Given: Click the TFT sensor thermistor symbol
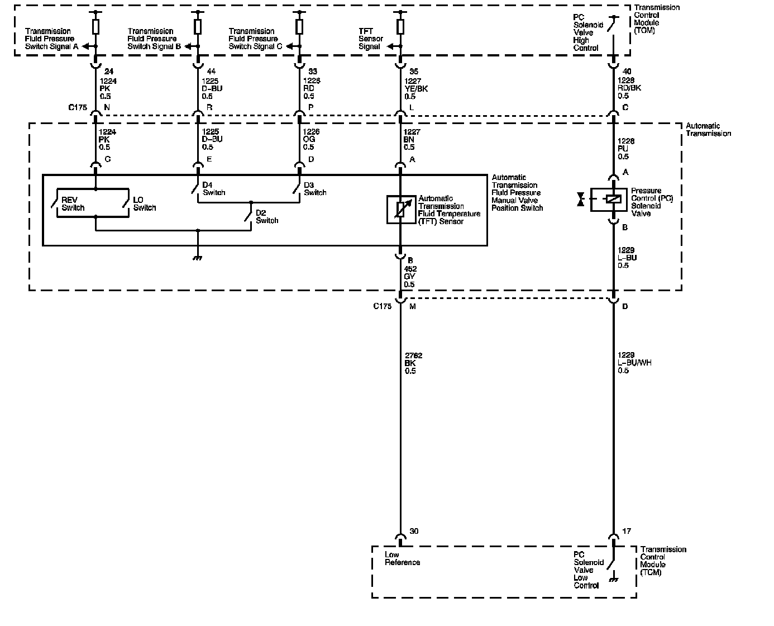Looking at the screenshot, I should pyautogui.click(x=401, y=209).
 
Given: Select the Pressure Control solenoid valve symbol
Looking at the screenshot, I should pyautogui.click(x=613, y=199).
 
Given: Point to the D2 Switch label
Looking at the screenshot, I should pyautogui.click(x=267, y=217).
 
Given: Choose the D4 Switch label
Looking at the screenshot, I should pyautogui.click(x=213, y=189).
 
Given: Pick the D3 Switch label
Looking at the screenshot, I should pyautogui.click(x=315, y=189).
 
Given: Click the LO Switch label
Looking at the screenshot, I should pyautogui.click(x=144, y=204).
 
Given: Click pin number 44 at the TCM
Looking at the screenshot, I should pyautogui.click(x=211, y=72).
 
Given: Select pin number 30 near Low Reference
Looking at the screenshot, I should pyautogui.click(x=414, y=531).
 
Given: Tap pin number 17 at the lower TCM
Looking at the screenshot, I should pyautogui.click(x=627, y=531).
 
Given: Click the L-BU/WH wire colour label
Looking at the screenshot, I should pyautogui.click(x=634, y=363).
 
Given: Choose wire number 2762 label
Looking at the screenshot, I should pyautogui.click(x=413, y=355).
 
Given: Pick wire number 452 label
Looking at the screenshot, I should pyautogui.click(x=410, y=269).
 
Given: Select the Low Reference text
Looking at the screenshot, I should pyautogui.click(x=402, y=559).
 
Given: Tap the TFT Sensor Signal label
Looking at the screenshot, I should pyautogui.click(x=370, y=39).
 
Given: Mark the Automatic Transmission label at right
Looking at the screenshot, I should pyautogui.click(x=708, y=130).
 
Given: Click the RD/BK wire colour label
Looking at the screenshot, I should pyautogui.click(x=629, y=89).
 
